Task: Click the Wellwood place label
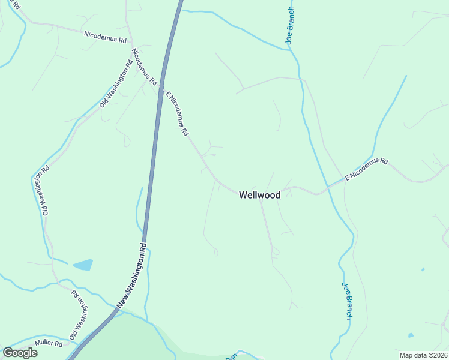point(259,195)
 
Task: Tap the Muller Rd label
point(49,344)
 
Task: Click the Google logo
point(20,352)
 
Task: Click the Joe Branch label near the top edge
point(290,26)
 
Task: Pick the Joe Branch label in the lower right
point(347,301)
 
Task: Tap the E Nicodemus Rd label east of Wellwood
point(367,169)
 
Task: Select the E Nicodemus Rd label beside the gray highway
point(177,113)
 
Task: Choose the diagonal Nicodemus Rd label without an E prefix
point(143,66)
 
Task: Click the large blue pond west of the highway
point(83,265)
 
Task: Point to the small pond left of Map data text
point(411,335)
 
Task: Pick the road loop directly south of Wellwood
point(275,251)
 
